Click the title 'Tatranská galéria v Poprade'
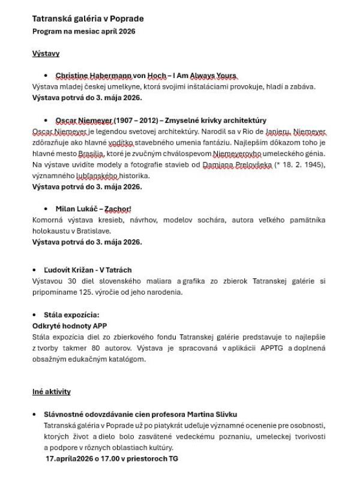coord(88,19)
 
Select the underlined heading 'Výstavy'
coord(46,53)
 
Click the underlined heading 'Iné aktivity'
coord(51,392)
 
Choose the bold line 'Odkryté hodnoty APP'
coord(69,326)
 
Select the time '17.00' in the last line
coord(98,459)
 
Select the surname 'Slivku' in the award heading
coord(226,415)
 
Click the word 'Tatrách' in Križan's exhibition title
coord(119,270)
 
